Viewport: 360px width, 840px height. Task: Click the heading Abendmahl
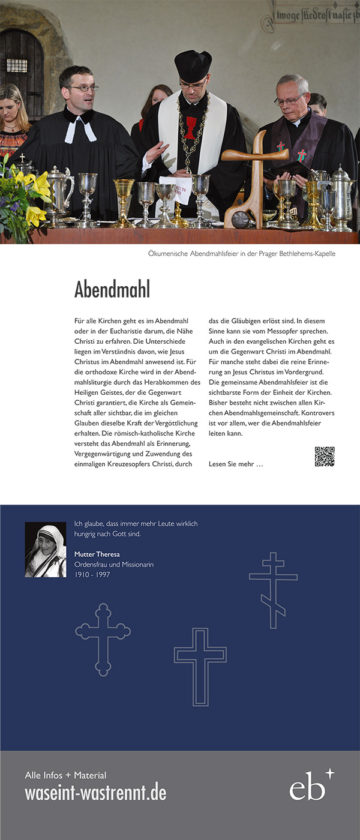(112, 289)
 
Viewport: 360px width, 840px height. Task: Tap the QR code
(325, 457)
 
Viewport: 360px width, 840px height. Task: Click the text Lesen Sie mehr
(236, 464)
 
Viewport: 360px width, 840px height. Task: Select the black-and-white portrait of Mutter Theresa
(46, 550)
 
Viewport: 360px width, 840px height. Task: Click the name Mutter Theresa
(97, 554)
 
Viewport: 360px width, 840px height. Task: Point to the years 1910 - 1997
(92, 575)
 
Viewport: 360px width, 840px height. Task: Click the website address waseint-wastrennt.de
(95, 793)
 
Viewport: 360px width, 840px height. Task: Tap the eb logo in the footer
(311, 785)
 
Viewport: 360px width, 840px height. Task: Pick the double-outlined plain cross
(200, 666)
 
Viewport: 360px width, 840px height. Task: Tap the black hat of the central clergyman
(193, 65)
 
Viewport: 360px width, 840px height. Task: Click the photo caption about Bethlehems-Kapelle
(242, 254)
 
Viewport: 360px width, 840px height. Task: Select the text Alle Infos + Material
(65, 775)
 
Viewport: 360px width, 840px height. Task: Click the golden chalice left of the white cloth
(125, 207)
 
